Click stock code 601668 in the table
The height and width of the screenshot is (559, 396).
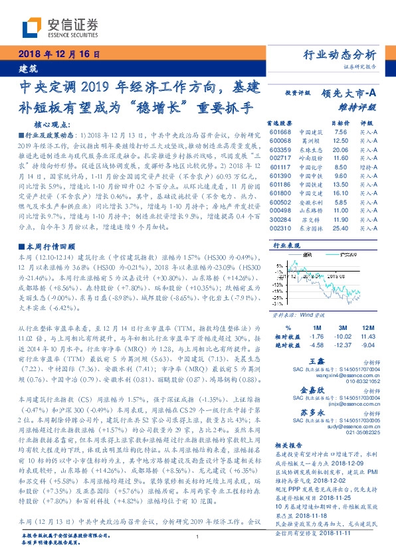[280, 132]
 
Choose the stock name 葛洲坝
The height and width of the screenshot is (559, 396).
[306, 141]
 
